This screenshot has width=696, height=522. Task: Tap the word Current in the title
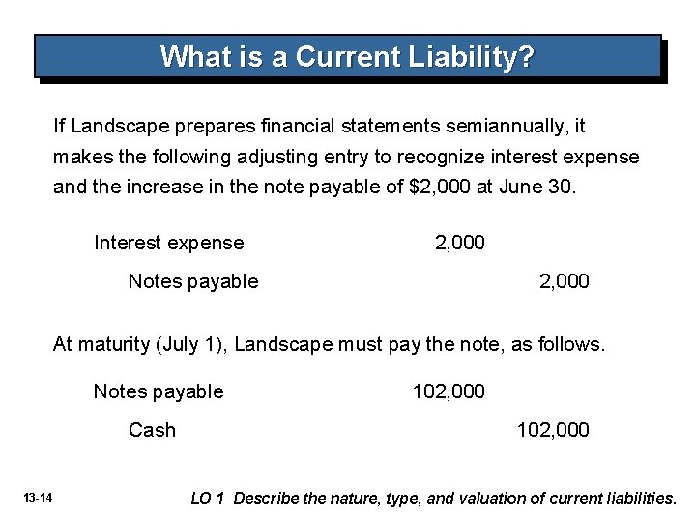click(x=339, y=56)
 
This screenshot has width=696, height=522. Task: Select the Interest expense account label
click(x=168, y=242)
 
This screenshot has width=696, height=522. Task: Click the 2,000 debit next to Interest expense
click(x=459, y=242)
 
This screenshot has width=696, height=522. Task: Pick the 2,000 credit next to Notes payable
click(x=564, y=280)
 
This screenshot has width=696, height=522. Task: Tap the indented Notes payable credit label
click(x=193, y=280)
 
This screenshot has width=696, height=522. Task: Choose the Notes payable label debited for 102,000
click(x=158, y=391)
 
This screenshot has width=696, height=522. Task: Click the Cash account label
click(x=152, y=430)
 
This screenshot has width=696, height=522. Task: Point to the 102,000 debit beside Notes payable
click(x=449, y=391)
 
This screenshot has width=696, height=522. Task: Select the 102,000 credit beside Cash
click(x=552, y=430)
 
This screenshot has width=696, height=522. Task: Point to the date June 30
click(x=537, y=187)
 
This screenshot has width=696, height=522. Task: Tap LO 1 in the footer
click(x=209, y=498)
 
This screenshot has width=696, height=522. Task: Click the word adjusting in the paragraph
click(x=286, y=157)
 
